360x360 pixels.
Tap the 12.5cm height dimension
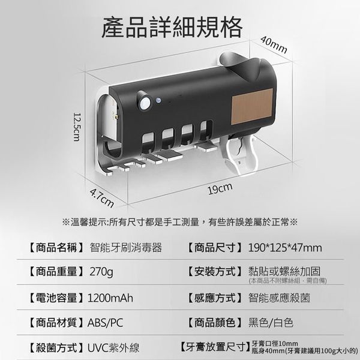[x=76, y=127]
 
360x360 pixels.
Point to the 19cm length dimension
[x=220, y=189]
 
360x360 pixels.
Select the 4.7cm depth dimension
[x=102, y=198]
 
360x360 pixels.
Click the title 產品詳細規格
[x=172, y=28]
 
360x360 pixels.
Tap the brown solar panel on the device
[x=253, y=107]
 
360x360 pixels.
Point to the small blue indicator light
[x=158, y=100]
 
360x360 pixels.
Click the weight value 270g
[x=101, y=272]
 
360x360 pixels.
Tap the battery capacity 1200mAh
[x=110, y=298]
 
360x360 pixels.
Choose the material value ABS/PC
[x=106, y=323]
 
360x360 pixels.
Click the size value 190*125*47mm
[x=285, y=248]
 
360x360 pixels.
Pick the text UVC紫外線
[x=113, y=347]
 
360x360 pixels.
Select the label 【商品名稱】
[x=56, y=248]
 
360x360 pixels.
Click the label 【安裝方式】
[x=215, y=272]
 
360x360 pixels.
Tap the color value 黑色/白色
[x=271, y=323]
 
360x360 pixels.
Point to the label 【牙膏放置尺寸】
[x=215, y=347]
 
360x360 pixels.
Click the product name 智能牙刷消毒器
[x=126, y=248]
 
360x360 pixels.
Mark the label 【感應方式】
[x=215, y=298]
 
